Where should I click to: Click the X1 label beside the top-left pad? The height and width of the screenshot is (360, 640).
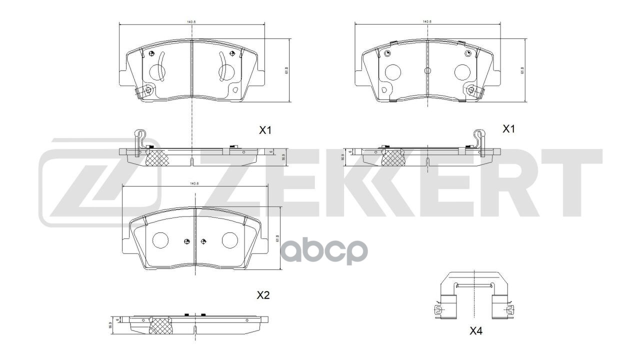click(264, 130)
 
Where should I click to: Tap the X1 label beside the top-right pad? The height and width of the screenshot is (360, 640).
click(508, 129)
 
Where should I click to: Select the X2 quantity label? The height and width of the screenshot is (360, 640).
click(263, 295)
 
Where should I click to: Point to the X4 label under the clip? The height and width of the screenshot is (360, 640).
click(475, 330)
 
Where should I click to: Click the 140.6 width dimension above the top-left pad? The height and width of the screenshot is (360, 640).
click(191, 22)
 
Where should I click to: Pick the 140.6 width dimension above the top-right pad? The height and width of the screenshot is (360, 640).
click(426, 22)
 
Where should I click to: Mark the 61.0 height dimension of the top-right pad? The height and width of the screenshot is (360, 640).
click(521, 70)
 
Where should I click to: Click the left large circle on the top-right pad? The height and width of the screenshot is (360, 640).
click(393, 72)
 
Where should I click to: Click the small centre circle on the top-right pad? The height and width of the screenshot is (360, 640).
click(427, 70)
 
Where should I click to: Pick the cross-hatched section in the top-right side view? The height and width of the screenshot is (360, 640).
click(393, 158)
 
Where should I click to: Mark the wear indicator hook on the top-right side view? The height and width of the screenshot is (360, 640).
click(479, 139)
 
